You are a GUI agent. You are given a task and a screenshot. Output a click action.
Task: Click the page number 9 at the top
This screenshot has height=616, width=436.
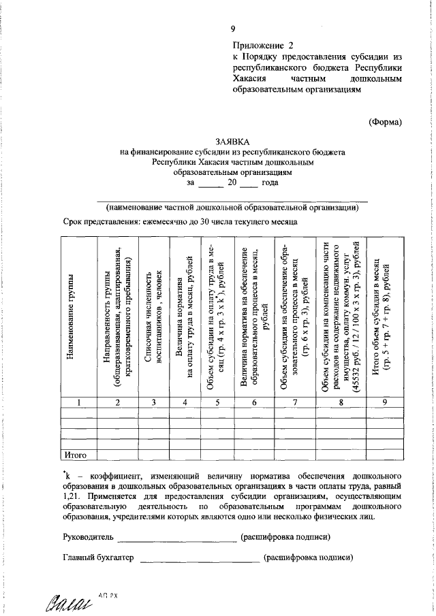pos(232,28)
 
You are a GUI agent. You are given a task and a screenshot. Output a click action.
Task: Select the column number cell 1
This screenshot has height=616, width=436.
pos(79,403)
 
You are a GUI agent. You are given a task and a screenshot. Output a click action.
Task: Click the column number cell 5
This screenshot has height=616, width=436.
pos(217,403)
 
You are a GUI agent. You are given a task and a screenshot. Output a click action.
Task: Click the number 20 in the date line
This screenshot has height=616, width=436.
pos(232,183)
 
